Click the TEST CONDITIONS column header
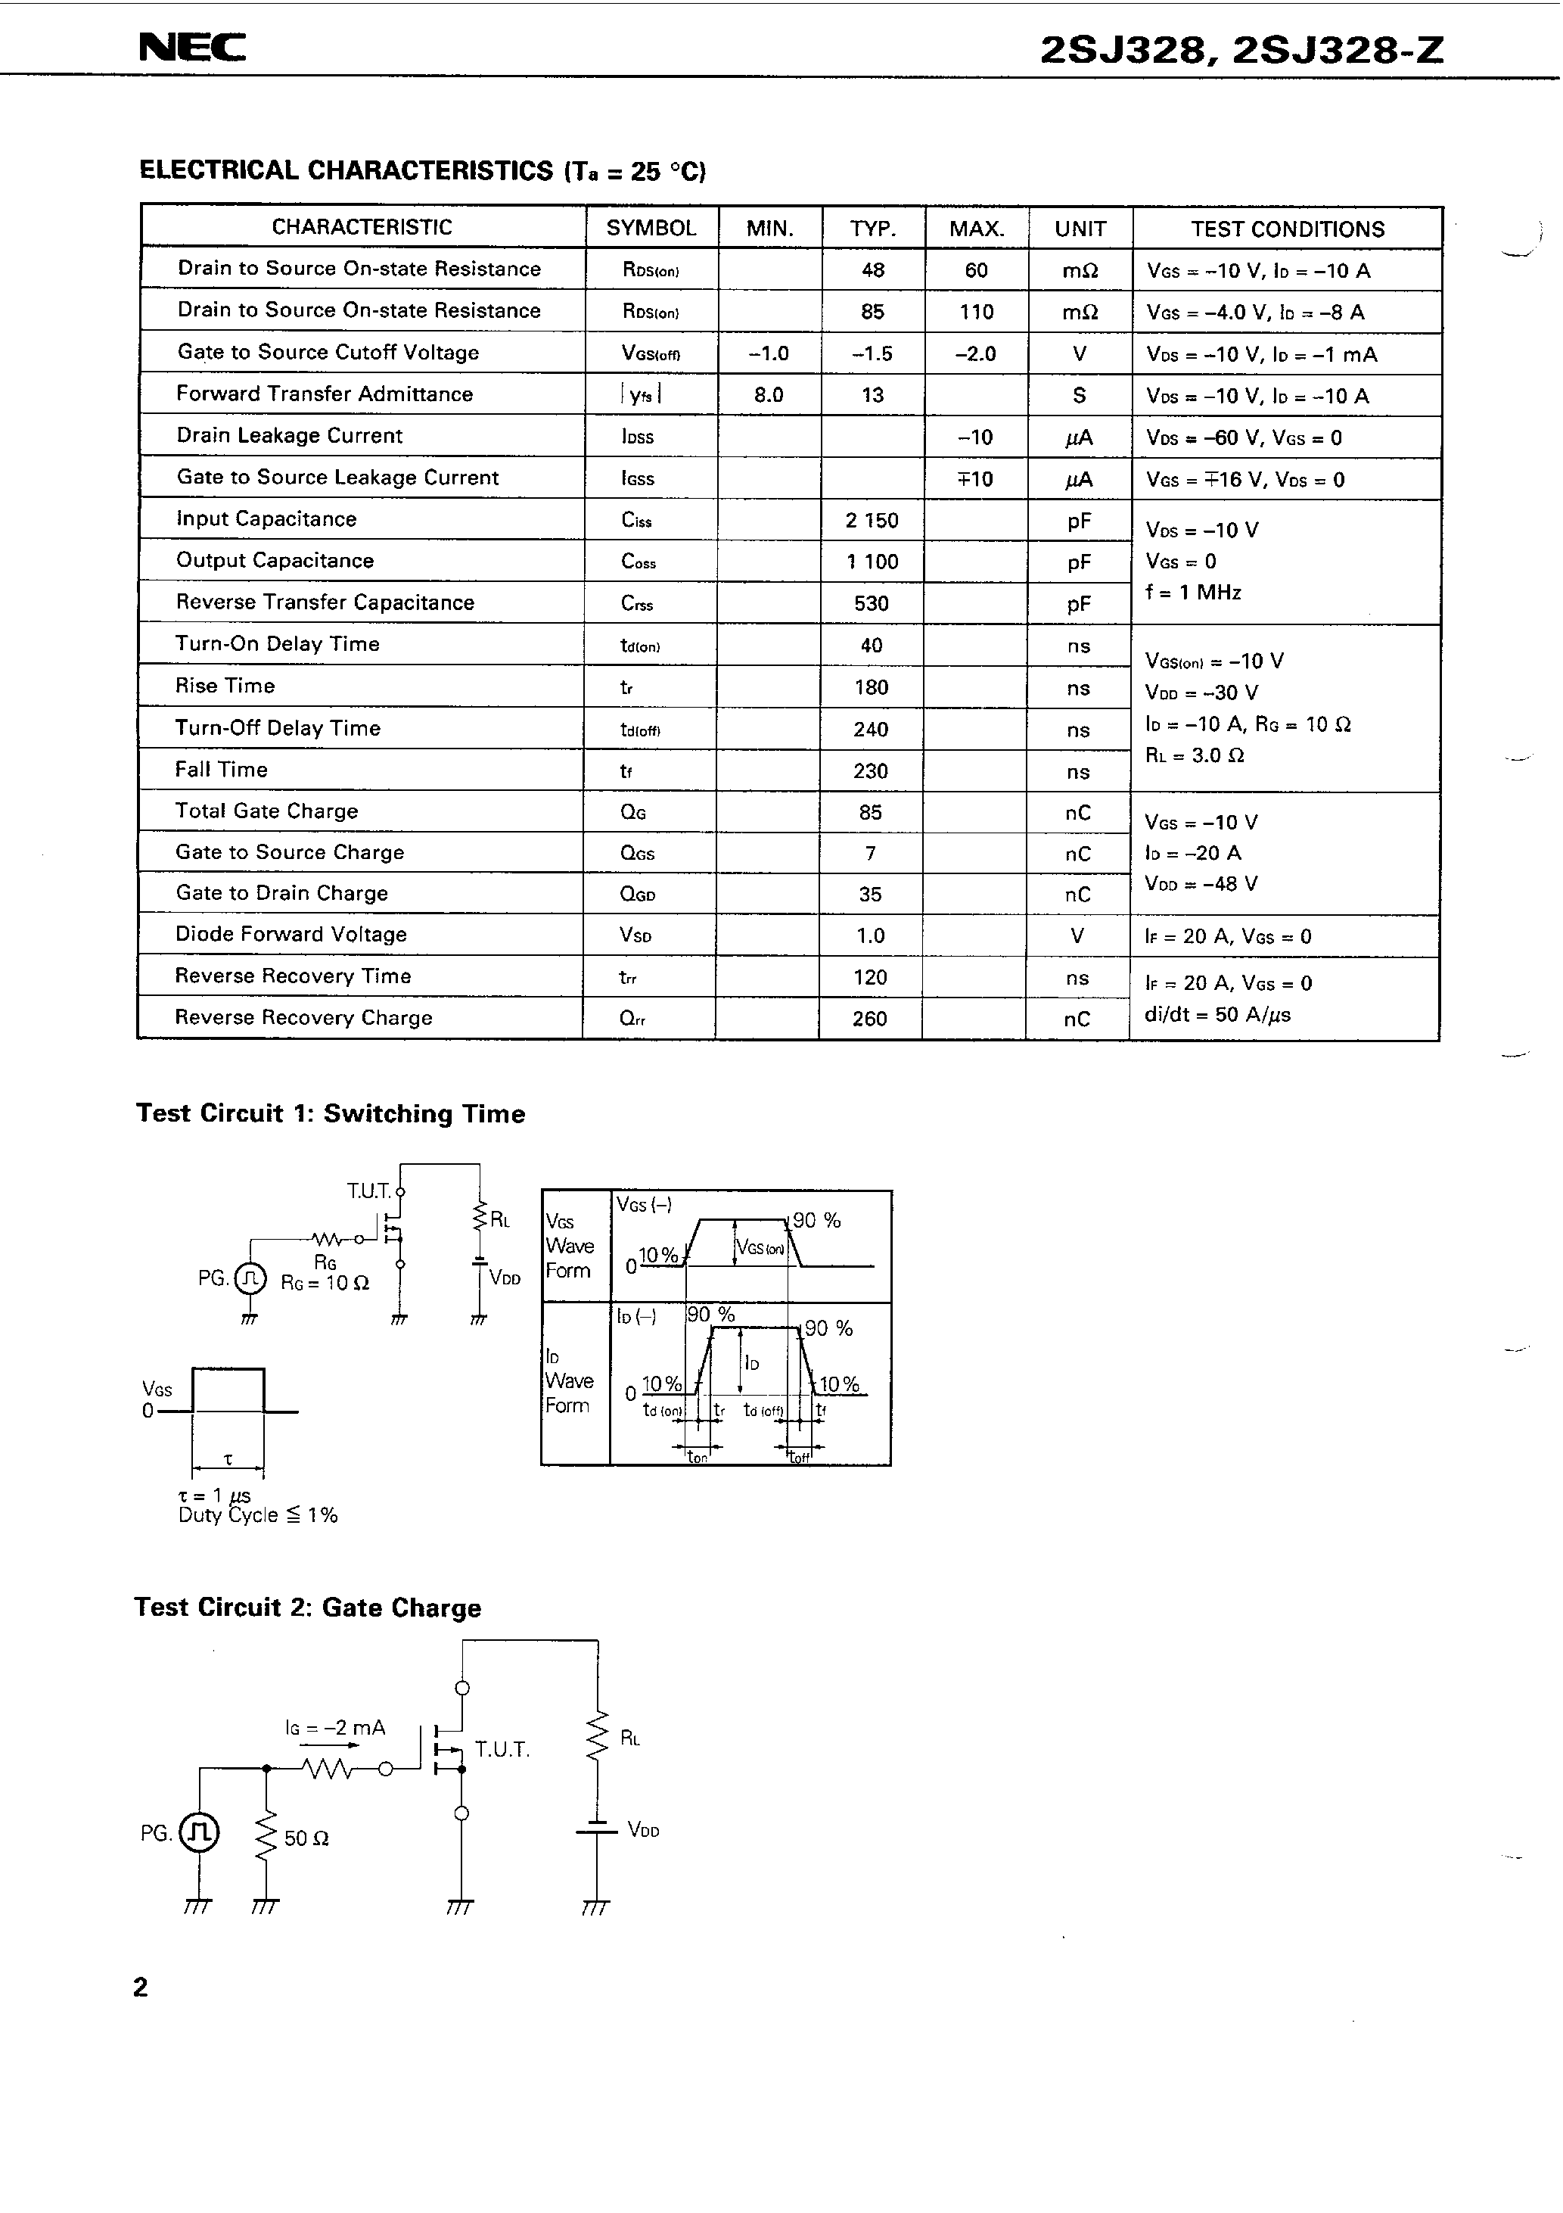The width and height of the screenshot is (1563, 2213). tap(1288, 229)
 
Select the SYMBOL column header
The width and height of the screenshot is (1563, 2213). tap(651, 229)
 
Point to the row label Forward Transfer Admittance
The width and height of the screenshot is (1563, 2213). tap(325, 394)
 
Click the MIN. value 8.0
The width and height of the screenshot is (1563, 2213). tap(769, 395)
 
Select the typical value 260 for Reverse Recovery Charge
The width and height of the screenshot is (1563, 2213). tap(869, 1019)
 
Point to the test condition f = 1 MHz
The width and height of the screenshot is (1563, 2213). tap(1193, 593)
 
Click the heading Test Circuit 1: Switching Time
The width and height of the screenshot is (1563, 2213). tap(331, 1114)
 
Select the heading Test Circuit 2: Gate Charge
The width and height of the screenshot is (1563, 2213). tap(307, 1608)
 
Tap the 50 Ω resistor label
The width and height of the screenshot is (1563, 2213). tap(306, 1839)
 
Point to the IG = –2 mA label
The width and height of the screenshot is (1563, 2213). tap(335, 1728)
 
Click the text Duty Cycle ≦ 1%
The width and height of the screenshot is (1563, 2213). tap(257, 1515)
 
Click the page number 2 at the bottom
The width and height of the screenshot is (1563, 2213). tap(141, 1987)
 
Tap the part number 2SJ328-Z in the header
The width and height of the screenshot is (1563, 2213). tap(1338, 50)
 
